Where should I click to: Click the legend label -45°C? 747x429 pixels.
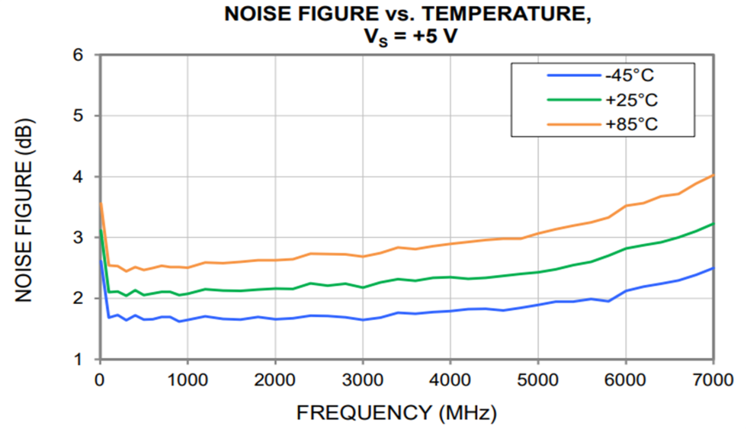630,75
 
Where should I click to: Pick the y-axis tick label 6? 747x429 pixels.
79,55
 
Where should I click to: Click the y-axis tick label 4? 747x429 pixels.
79,177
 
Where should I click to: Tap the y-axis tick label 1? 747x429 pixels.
79,359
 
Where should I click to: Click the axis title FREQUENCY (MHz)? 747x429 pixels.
396,412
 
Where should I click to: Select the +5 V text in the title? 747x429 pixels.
431,36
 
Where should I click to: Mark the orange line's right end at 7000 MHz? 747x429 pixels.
713,175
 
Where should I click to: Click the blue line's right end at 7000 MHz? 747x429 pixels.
713,268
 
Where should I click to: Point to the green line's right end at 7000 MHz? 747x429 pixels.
713,223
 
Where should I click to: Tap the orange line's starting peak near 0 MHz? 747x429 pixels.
101,203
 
